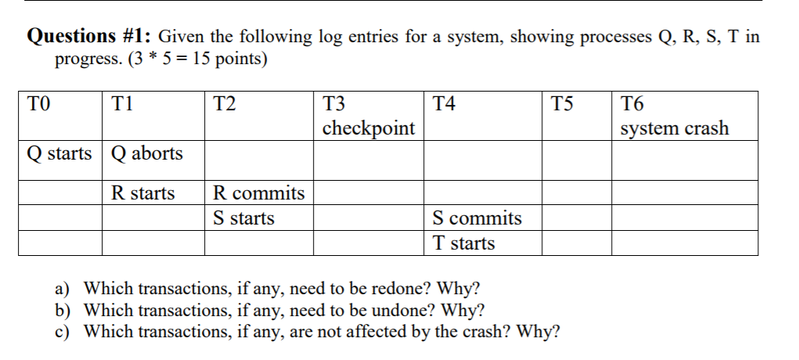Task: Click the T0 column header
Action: coord(38,103)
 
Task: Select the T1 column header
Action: coord(122,103)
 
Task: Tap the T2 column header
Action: coord(225,103)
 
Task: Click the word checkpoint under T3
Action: coord(369,128)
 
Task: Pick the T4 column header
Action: coord(444,103)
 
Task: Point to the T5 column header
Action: coord(562,103)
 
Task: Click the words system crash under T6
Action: coord(675,128)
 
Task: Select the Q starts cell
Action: coord(59,153)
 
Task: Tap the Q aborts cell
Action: coord(147,153)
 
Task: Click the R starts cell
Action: coord(143,193)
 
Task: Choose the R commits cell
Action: coord(259,193)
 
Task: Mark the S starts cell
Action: coord(243,218)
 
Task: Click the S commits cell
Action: coord(477,218)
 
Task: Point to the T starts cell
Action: coord(464,243)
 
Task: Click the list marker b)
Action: coord(63,310)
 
